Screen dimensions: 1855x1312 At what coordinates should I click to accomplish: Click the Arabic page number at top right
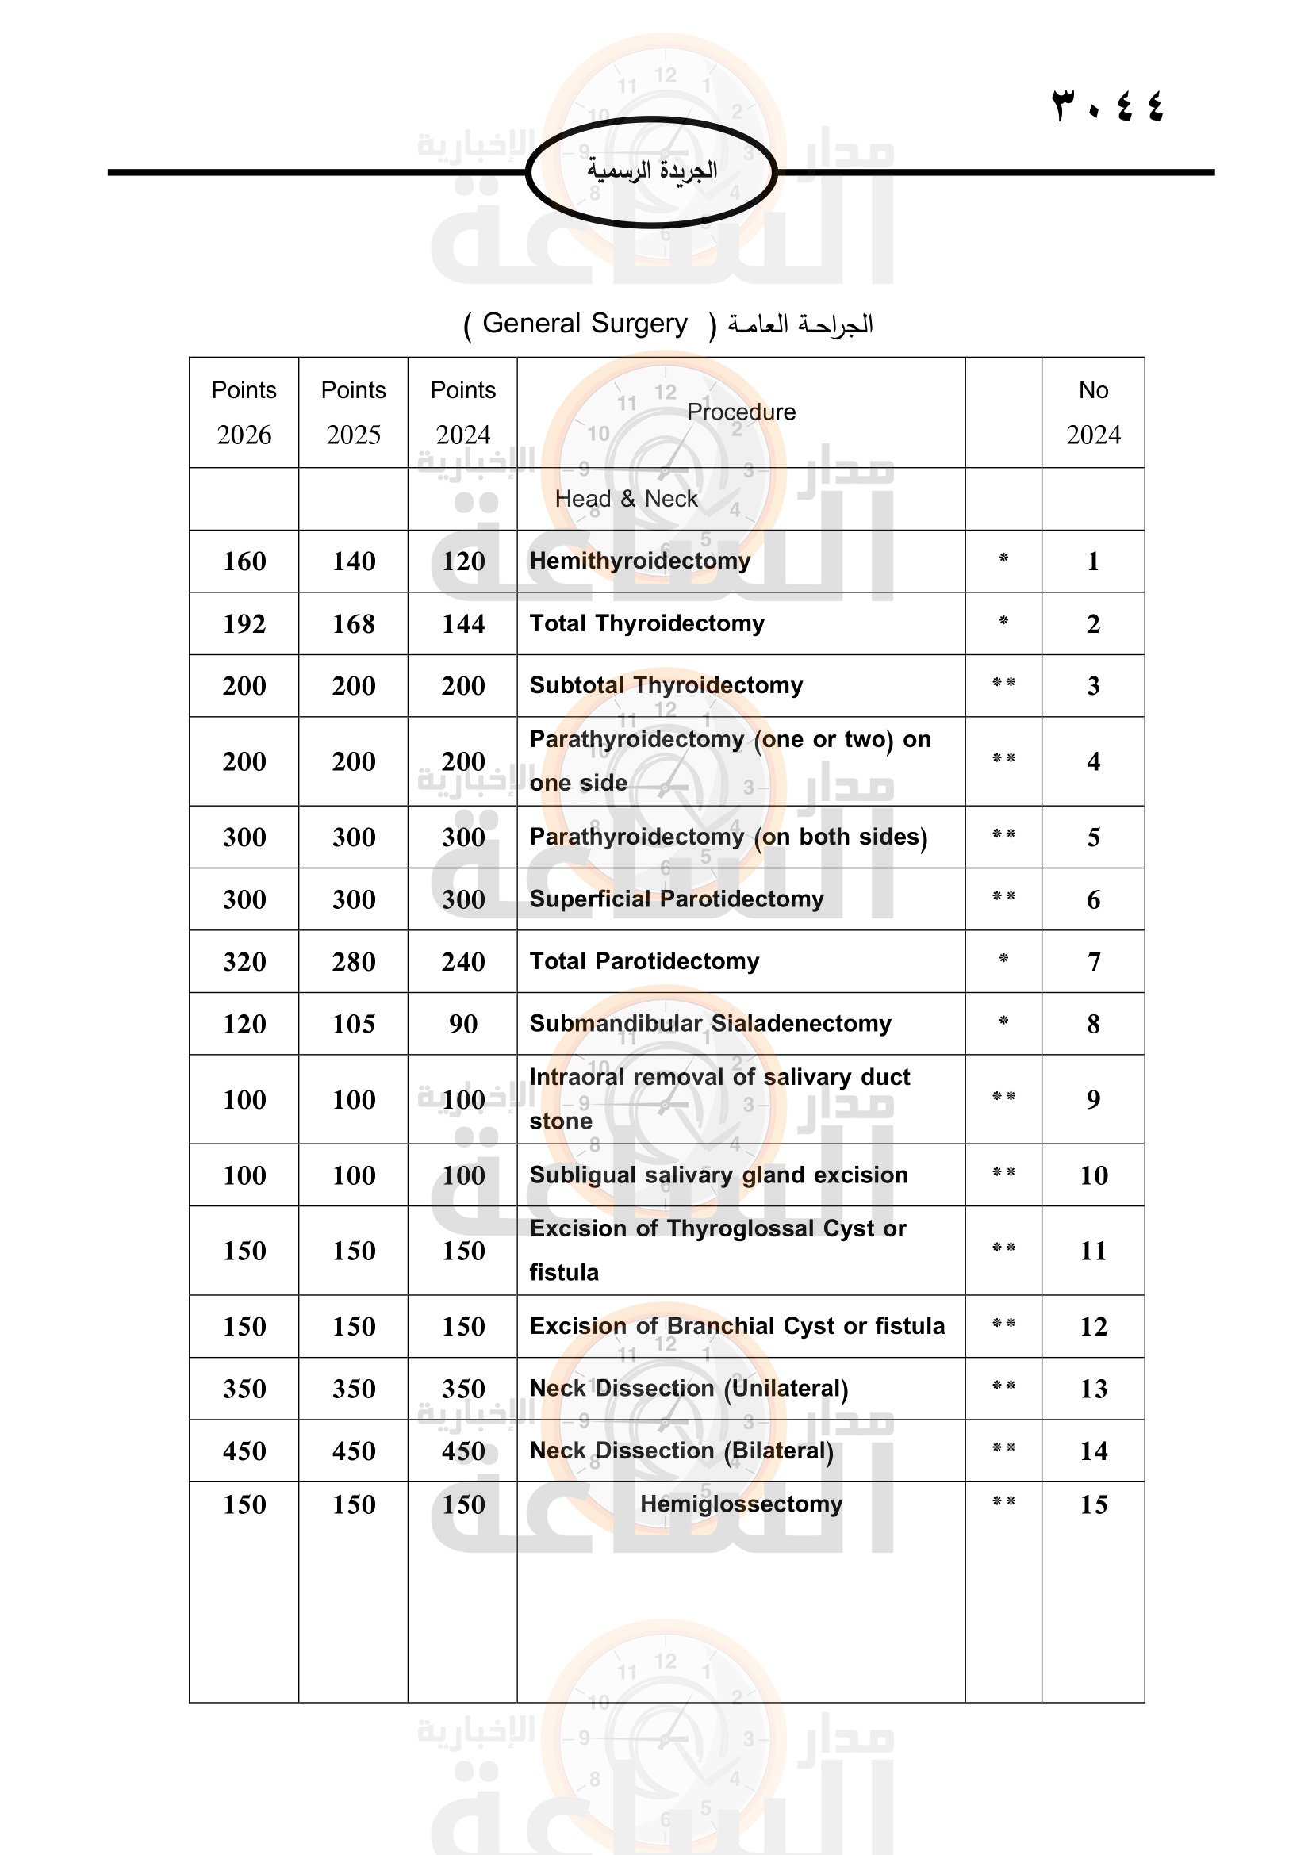tap(1107, 105)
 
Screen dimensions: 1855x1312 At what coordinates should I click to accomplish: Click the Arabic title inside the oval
tap(652, 171)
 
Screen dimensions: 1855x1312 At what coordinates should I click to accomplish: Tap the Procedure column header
tap(741, 412)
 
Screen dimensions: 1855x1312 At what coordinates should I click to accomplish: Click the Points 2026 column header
tap(244, 412)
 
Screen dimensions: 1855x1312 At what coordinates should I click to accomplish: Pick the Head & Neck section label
tap(626, 500)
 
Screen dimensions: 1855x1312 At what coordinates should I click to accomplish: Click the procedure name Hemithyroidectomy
tap(640, 561)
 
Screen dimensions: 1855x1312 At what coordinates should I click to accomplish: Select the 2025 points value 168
tap(353, 623)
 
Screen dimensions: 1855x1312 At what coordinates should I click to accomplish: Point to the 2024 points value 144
tap(463, 623)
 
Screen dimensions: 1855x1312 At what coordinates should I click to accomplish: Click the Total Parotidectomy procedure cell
tap(644, 961)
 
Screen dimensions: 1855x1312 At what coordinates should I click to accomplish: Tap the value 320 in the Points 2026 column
tap(244, 961)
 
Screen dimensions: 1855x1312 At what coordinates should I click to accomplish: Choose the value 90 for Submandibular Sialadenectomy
tap(463, 1024)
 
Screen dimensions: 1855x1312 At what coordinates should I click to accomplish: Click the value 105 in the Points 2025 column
tap(353, 1024)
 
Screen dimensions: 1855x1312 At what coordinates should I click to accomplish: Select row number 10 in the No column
tap(1093, 1175)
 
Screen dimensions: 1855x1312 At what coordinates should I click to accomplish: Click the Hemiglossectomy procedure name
tap(741, 1504)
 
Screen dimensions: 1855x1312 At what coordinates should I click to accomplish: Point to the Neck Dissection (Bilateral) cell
tap(681, 1451)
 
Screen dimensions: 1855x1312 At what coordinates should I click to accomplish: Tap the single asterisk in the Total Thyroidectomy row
tap(1003, 621)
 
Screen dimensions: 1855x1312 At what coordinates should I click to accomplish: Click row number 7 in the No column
tap(1093, 961)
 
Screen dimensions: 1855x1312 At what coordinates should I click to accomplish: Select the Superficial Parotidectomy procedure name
tap(676, 899)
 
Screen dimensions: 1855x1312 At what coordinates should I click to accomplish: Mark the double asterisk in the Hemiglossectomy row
tap(1003, 1502)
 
